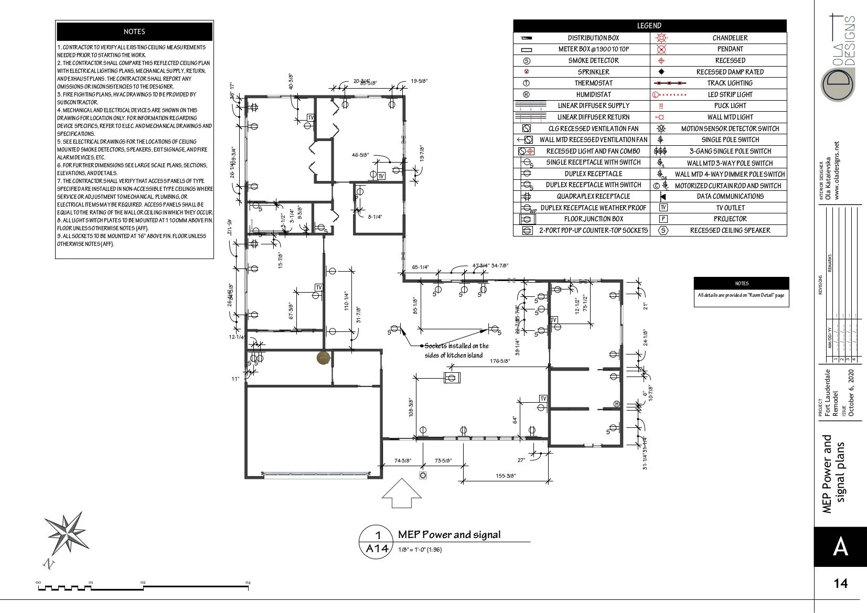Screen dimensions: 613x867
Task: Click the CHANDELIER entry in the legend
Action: [x=730, y=38]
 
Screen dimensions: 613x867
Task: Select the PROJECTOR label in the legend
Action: [x=730, y=219]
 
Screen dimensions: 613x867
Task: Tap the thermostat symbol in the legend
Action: [x=527, y=83]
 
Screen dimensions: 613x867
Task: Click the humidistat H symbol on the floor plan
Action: [x=617, y=404]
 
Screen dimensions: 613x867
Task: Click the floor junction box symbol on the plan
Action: [x=452, y=377]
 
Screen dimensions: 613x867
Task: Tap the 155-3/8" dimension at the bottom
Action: [x=506, y=476]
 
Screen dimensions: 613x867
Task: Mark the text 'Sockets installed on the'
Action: [x=456, y=346]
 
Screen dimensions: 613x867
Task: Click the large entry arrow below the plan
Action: [x=401, y=493]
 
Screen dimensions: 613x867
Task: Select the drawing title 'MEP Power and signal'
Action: [x=449, y=534]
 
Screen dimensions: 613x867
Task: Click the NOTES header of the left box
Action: [x=134, y=31]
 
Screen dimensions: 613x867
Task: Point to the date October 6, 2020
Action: [x=851, y=393]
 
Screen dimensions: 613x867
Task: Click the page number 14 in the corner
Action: [x=840, y=583]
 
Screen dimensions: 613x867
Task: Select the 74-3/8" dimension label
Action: [x=403, y=461]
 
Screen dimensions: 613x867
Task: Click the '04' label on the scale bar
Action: [x=248, y=582]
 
